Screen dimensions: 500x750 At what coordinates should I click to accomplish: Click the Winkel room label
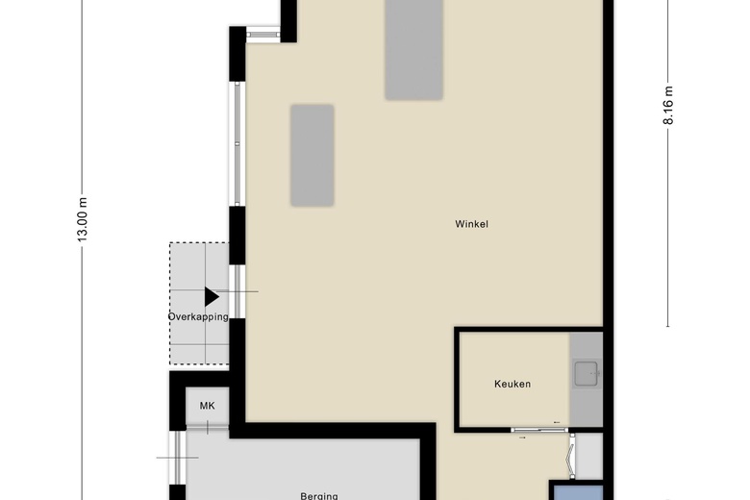(x=472, y=224)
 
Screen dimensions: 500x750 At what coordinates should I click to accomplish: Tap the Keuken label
(x=512, y=384)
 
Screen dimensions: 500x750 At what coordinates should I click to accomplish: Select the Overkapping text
(x=198, y=317)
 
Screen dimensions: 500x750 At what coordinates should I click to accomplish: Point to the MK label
(x=207, y=406)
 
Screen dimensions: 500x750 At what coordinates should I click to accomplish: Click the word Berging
(x=318, y=495)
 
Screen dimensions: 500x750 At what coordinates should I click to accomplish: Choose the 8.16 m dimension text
(x=669, y=106)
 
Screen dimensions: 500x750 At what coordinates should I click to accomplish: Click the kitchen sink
(x=585, y=373)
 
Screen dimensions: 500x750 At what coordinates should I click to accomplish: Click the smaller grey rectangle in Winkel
(x=312, y=156)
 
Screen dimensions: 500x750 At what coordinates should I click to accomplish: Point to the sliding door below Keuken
(x=537, y=429)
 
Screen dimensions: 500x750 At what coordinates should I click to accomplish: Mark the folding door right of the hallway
(x=573, y=456)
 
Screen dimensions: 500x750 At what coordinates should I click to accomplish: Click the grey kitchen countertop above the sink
(x=585, y=345)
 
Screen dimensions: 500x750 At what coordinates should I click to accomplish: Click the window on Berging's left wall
(x=177, y=459)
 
